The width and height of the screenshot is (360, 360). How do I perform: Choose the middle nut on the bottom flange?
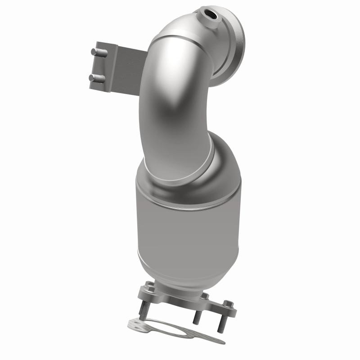click(x=205, y=296)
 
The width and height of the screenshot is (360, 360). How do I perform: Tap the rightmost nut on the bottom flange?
click(x=229, y=303)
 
